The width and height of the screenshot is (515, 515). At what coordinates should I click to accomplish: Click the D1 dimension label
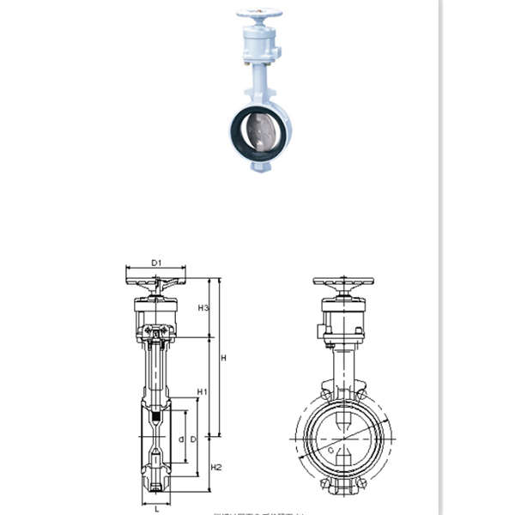coord(157,262)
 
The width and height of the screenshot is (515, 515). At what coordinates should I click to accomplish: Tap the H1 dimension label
coord(203,392)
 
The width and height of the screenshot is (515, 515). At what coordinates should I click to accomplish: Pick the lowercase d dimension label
coord(181,439)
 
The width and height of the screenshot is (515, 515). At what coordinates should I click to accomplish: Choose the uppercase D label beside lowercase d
coord(194,439)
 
